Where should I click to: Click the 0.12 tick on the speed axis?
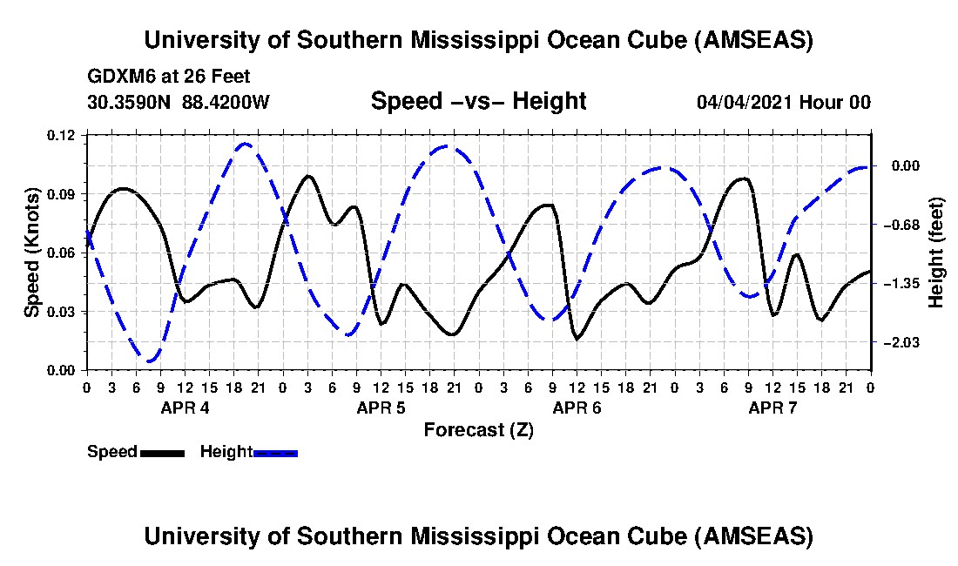[63, 135]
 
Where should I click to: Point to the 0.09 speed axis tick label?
[63, 193]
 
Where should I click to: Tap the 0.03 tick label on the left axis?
[63, 312]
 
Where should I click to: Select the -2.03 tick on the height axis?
[900, 343]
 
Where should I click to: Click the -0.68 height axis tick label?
[900, 225]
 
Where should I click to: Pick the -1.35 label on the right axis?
[900, 284]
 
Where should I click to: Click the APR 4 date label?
[184, 408]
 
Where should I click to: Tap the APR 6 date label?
[577, 408]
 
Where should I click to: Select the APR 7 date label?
[773, 408]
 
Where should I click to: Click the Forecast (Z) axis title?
[478, 430]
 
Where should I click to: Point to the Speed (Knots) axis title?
[32, 253]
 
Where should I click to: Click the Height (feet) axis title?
[936, 253]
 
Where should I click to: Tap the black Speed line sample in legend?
[161, 453]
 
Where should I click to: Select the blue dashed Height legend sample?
[275, 453]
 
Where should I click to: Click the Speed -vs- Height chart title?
[478, 101]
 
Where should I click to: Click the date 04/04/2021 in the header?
[745, 102]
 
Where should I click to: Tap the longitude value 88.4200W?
[226, 102]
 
